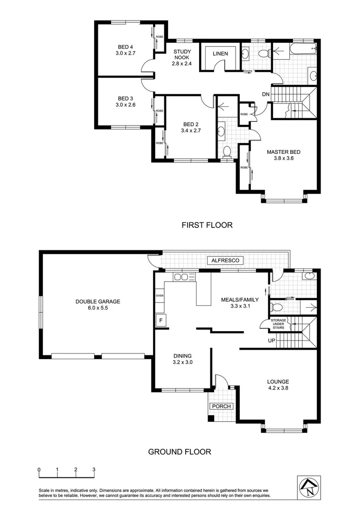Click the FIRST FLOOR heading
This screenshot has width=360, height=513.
point(207,225)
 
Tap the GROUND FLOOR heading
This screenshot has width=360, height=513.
point(180,452)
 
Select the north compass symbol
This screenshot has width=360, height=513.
point(309,487)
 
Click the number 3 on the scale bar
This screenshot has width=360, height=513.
point(94,469)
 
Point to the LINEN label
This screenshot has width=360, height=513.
point(220,53)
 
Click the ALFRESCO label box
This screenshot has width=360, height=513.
point(225,260)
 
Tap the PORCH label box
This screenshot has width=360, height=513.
point(221,406)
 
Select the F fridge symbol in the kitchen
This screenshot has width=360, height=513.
point(161,320)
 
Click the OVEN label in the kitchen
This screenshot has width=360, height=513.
point(160,295)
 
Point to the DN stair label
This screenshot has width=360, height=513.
point(265,94)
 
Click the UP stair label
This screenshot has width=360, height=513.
point(271,341)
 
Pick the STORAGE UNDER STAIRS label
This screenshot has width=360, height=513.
point(278,324)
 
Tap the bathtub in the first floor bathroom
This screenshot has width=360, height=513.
point(303,48)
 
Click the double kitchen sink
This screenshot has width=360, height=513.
point(184,277)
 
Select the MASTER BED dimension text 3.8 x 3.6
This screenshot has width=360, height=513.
point(284,158)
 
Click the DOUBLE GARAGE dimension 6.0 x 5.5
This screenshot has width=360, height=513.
point(98,308)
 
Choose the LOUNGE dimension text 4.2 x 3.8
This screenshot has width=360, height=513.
point(278,388)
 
